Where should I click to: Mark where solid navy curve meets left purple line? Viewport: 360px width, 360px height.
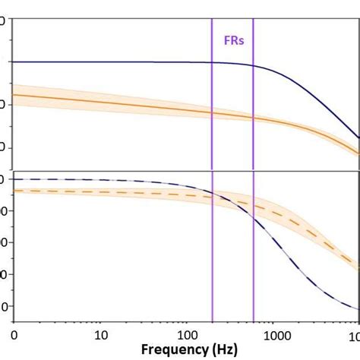coord(212,62)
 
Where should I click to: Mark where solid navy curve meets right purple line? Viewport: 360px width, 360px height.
coord(254,65)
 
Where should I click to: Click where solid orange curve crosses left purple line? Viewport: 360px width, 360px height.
coord(212,112)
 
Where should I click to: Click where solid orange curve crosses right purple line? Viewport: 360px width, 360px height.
coord(254,118)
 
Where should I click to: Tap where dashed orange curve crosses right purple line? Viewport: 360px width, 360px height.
coord(254,204)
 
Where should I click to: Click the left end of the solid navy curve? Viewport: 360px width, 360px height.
coord(14,62)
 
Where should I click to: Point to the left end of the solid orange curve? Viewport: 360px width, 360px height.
coord(14,94)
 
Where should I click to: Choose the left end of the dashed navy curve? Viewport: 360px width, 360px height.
coord(14,179)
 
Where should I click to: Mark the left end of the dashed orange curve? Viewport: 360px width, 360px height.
coord(14,190)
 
